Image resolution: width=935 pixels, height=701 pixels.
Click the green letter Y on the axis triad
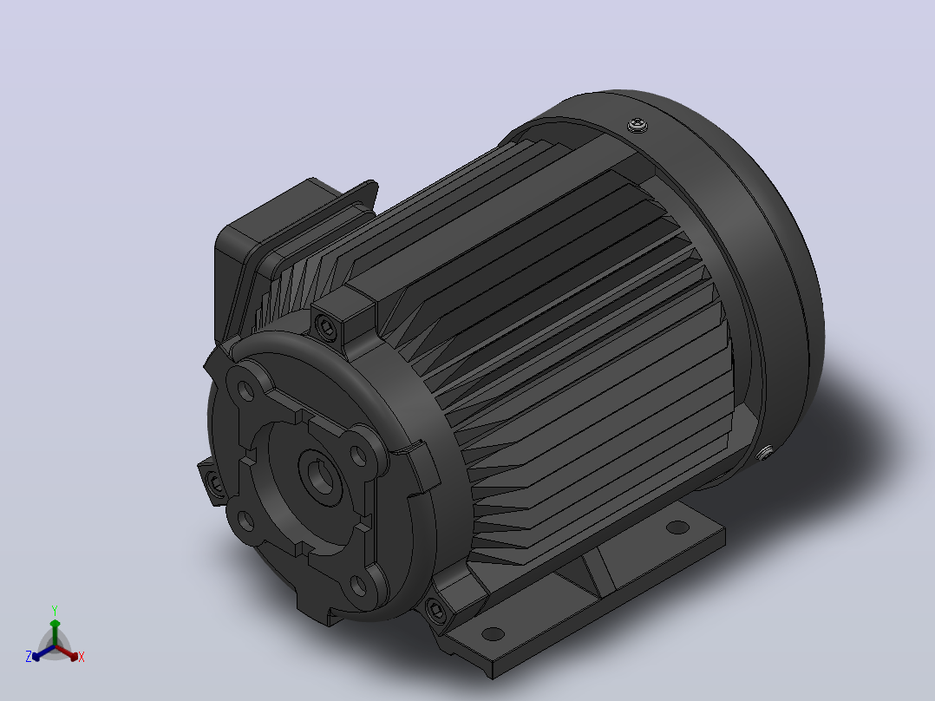pyautogui.click(x=55, y=610)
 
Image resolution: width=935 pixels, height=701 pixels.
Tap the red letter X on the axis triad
pyautogui.click(x=82, y=657)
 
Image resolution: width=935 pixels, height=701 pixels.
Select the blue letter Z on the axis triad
pyautogui.click(x=29, y=656)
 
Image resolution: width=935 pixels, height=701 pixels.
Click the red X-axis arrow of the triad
pyautogui.click(x=67, y=652)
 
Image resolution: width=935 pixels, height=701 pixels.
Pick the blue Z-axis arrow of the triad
pyautogui.click(x=43, y=652)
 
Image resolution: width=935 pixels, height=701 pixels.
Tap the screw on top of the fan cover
pyautogui.click(x=637, y=125)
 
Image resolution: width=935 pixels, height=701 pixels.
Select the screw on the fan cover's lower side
pyautogui.click(x=766, y=454)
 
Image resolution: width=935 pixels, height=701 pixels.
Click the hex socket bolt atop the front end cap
pyautogui.click(x=326, y=328)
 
